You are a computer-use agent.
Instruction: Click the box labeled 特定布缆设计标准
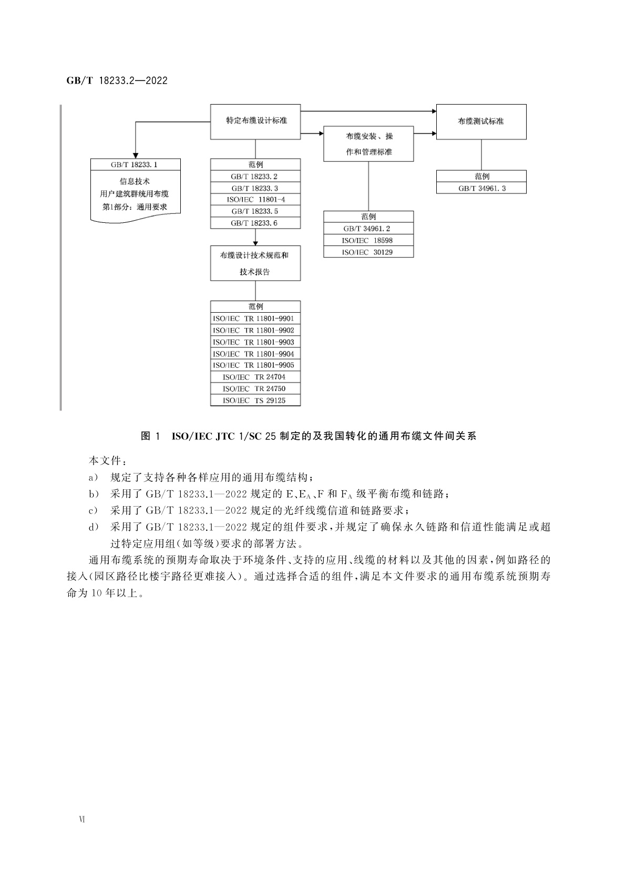coord(255,121)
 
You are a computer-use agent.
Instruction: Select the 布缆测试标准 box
coord(481,121)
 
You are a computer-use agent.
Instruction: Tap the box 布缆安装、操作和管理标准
coord(368,143)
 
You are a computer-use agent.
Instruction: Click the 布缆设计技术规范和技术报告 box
coord(255,263)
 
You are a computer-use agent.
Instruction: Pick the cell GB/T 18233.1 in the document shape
coord(135,164)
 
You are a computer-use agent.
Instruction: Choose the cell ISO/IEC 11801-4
coord(255,200)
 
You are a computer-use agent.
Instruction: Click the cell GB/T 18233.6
coord(255,223)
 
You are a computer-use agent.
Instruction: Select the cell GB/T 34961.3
coord(481,188)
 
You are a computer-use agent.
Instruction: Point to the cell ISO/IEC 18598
coord(368,240)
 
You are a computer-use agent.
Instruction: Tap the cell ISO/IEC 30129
coord(368,252)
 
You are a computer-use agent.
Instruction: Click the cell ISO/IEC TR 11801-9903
coord(255,342)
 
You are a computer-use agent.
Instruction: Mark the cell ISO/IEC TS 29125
coord(255,400)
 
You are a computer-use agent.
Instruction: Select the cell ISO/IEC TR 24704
coord(255,377)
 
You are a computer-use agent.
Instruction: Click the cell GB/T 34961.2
coord(368,229)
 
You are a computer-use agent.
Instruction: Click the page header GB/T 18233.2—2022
coord(117,81)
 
